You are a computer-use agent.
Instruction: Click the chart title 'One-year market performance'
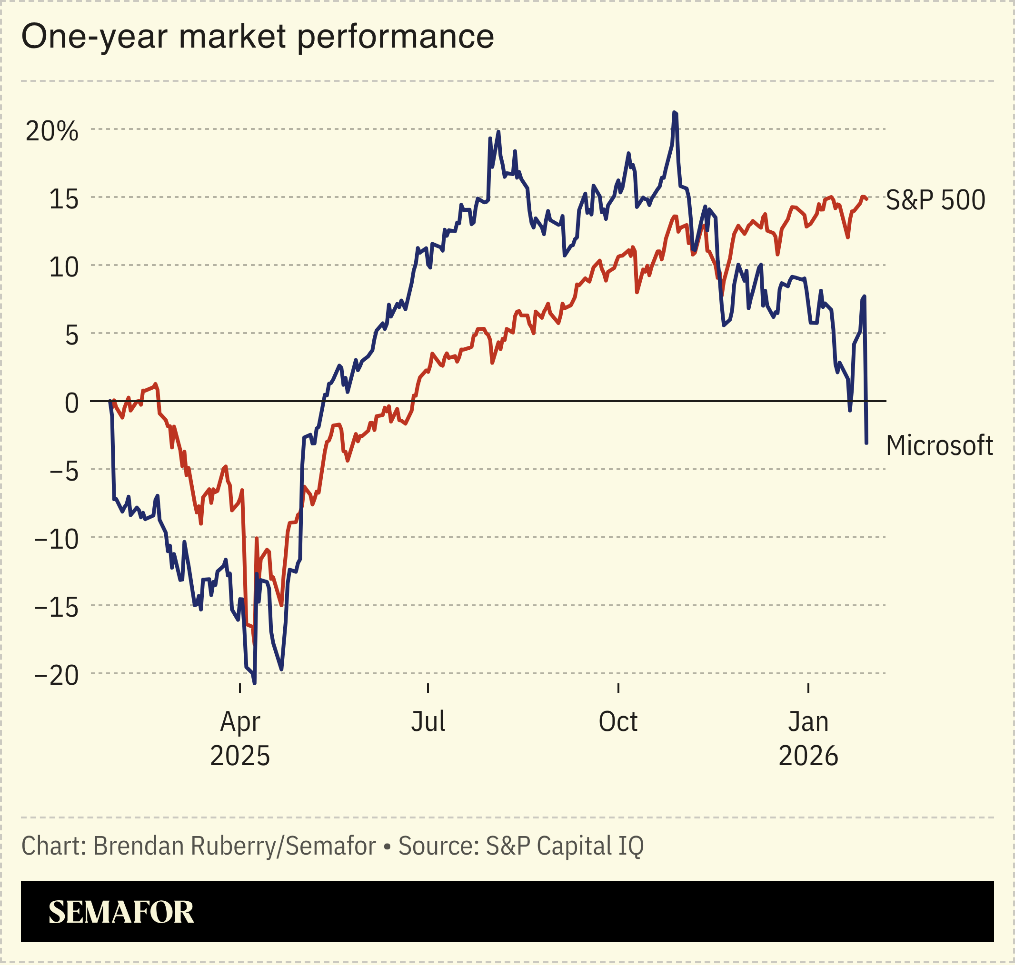258,37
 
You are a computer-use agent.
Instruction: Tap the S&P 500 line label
935,200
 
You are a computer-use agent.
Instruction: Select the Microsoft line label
939,445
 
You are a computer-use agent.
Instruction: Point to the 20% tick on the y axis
52,132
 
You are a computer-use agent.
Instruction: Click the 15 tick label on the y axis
64,199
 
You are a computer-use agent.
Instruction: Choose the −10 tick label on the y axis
57,540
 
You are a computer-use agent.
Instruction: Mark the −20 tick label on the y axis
57,675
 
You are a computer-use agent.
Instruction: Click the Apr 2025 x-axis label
240,739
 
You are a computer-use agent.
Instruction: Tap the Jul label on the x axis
428,722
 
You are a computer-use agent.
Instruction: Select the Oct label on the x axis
617,722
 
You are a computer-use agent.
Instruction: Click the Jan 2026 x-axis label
808,739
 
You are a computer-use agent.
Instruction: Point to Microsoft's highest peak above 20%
674,112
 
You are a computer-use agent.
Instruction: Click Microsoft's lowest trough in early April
255,683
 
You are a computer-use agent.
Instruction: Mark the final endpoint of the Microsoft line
866,443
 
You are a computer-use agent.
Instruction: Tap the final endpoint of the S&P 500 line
867,198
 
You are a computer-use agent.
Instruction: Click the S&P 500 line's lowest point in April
253,643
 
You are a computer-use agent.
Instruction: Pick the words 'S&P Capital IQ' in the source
564,846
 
